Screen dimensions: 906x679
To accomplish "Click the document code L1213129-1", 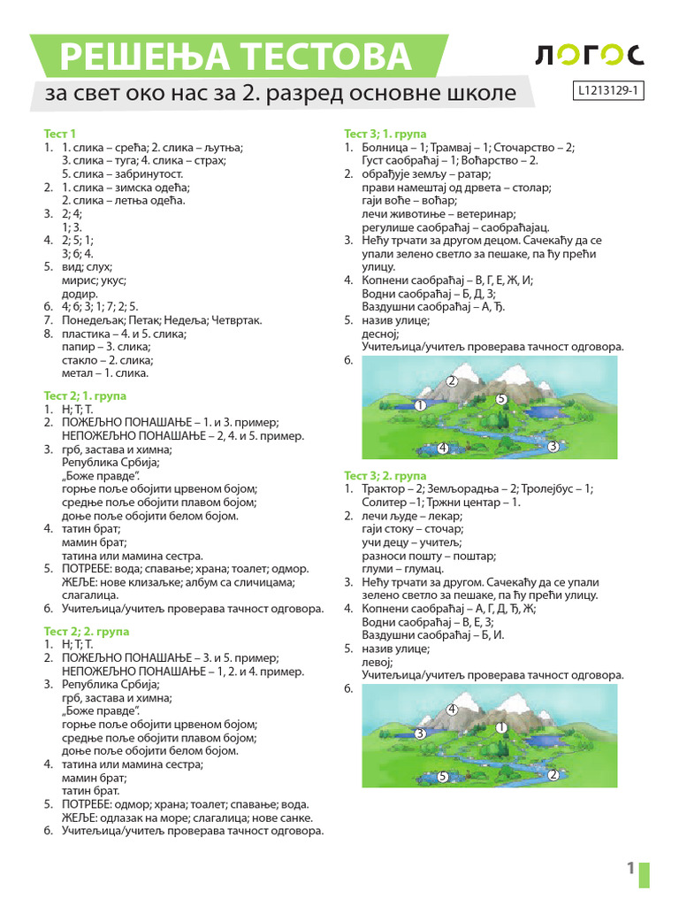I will click(x=608, y=90).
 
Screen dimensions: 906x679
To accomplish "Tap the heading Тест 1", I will click(x=60, y=134).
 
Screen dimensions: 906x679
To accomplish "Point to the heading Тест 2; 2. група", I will click(x=86, y=631).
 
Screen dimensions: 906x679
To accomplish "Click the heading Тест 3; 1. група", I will click(x=385, y=134).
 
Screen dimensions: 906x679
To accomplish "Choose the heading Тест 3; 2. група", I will click(x=385, y=476).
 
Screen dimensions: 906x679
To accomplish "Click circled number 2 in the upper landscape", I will click(x=451, y=381).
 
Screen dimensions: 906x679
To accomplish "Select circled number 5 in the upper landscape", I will click(x=500, y=399).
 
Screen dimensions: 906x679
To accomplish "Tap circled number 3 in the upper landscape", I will click(x=552, y=447).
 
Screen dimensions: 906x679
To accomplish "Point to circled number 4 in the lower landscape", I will click(x=451, y=709).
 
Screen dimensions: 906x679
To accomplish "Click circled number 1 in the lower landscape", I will click(x=500, y=727).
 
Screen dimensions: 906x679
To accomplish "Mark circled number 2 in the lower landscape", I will click(x=553, y=775).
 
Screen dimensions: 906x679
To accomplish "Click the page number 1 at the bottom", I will click(x=630, y=869).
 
